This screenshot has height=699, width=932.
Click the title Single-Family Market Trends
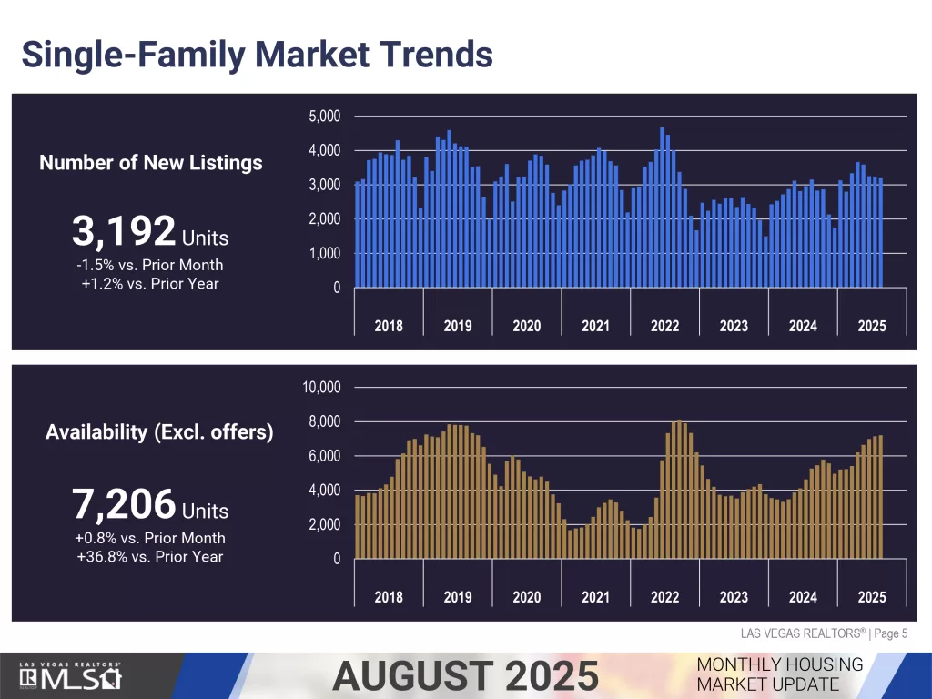coord(257,54)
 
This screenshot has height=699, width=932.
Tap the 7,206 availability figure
coord(123,503)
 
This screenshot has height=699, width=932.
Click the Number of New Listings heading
coord(151,163)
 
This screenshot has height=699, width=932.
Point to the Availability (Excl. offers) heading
coord(159,431)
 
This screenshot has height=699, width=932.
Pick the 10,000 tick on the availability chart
coord(320,388)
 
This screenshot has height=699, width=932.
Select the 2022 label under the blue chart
coord(664,326)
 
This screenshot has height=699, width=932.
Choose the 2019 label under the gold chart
coord(458,597)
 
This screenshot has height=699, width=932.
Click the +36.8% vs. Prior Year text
coord(150,556)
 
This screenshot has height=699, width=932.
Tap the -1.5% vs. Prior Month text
coord(150,265)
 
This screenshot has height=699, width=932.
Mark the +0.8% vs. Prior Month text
coord(150,538)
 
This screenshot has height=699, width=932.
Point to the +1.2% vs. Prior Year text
coord(150,283)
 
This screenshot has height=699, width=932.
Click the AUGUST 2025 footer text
coord(465,676)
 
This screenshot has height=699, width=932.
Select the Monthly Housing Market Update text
coord(779,674)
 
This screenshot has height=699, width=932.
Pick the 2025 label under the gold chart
coord(871,597)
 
